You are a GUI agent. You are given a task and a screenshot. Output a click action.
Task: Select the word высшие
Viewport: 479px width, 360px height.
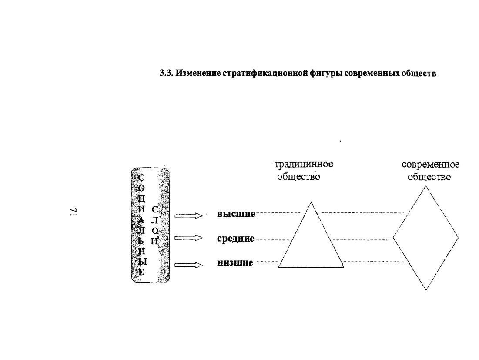236,214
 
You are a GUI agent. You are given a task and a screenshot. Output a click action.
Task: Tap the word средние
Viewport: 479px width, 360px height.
235,239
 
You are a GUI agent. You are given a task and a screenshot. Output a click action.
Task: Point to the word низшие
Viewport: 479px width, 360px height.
235,262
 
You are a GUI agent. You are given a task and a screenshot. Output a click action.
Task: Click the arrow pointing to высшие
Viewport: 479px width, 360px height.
188,216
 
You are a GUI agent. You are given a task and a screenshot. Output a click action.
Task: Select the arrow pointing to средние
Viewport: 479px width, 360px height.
188,238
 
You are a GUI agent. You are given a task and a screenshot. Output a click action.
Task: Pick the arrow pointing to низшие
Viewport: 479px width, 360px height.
188,265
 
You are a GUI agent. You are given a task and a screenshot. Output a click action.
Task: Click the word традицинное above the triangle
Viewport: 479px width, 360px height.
304,165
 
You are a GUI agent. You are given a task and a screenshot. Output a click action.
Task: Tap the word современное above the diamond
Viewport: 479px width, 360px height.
430,165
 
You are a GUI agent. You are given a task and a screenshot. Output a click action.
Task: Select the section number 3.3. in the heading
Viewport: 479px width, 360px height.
167,74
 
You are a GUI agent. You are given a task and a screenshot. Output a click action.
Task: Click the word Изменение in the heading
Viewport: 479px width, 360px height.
198,74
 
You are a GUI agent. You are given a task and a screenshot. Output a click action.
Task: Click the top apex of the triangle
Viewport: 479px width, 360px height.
311,202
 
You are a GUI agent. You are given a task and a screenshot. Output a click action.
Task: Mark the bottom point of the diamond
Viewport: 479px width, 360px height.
426,290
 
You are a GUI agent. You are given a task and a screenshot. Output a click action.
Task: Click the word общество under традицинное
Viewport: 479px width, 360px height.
298,177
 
